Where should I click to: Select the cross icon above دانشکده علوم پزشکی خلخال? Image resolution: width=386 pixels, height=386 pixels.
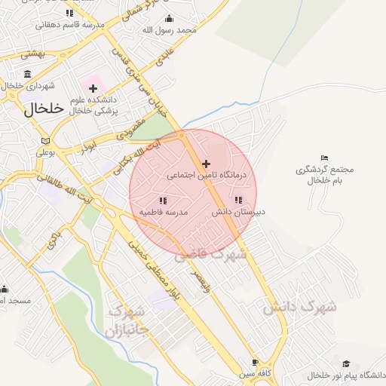point(93,89)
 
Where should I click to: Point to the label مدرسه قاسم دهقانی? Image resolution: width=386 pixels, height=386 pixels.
point(70,24)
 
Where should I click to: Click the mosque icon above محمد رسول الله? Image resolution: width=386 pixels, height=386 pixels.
point(169,19)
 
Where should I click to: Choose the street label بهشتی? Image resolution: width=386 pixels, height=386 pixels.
point(33,54)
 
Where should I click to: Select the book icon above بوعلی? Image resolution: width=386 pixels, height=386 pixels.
point(45,141)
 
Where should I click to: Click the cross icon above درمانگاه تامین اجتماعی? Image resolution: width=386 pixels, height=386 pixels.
point(206,164)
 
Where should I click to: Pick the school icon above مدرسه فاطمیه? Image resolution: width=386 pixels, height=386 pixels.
point(163,201)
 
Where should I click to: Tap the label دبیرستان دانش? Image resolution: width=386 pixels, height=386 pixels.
point(239,213)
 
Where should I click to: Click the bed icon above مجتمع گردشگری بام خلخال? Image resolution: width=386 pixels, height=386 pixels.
point(324,158)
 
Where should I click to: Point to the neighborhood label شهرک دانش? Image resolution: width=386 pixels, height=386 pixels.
point(299,307)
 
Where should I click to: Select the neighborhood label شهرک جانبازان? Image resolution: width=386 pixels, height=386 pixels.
point(127,320)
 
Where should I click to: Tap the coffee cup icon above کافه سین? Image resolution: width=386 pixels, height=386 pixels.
point(255,361)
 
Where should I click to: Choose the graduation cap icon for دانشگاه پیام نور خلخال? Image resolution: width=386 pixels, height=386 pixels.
point(346,363)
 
